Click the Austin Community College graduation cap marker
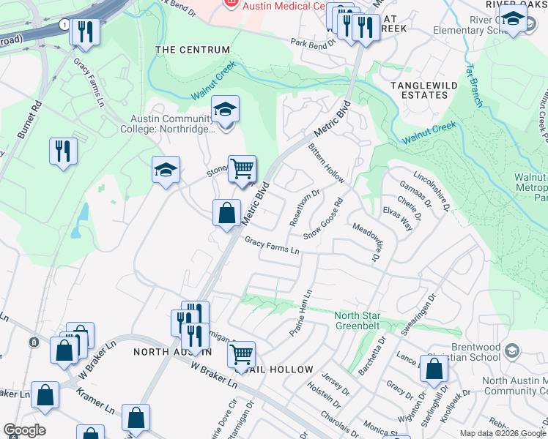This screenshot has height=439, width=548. (x=226, y=111)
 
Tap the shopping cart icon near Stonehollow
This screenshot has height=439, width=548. (x=242, y=168)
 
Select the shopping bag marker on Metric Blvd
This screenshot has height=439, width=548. (x=227, y=213)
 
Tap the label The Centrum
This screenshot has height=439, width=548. (x=193, y=50)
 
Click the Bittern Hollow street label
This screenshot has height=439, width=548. (x=326, y=163)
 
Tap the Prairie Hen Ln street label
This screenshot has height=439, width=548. (x=300, y=313)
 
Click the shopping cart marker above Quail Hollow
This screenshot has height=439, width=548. (x=241, y=355)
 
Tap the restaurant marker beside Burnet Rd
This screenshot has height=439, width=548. (x=63, y=151)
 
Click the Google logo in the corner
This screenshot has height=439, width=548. (x=24, y=430)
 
